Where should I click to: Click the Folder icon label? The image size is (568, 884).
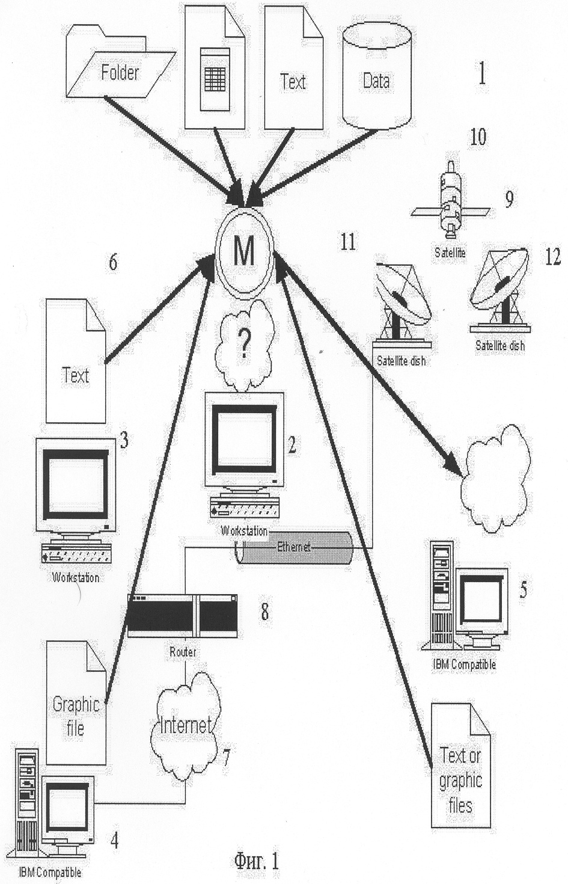120,73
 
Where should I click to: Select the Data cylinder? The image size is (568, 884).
377,75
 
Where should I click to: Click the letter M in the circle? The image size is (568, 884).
244,252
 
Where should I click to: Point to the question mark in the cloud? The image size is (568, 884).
245,343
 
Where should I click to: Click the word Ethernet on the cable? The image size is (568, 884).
293,547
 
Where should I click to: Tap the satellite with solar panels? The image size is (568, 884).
451,201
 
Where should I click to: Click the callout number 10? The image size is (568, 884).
478,138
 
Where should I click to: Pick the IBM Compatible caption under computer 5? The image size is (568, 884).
464,664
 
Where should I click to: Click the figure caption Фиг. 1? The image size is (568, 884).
257,861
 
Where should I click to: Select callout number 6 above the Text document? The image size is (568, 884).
113,262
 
